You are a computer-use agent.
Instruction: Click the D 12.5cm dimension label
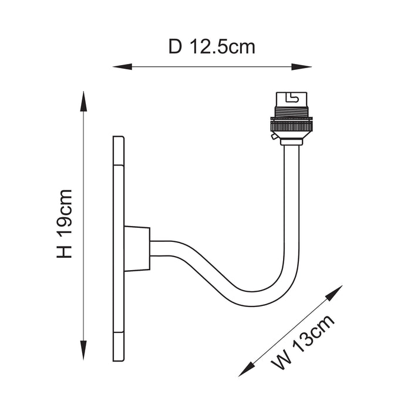(x=212, y=46)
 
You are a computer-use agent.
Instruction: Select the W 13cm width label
(x=303, y=342)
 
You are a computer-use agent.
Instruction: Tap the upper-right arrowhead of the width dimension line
(x=336, y=291)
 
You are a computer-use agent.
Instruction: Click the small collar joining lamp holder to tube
(x=292, y=141)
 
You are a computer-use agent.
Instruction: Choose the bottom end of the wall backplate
(x=118, y=352)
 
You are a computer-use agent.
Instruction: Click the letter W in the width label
(x=281, y=358)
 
